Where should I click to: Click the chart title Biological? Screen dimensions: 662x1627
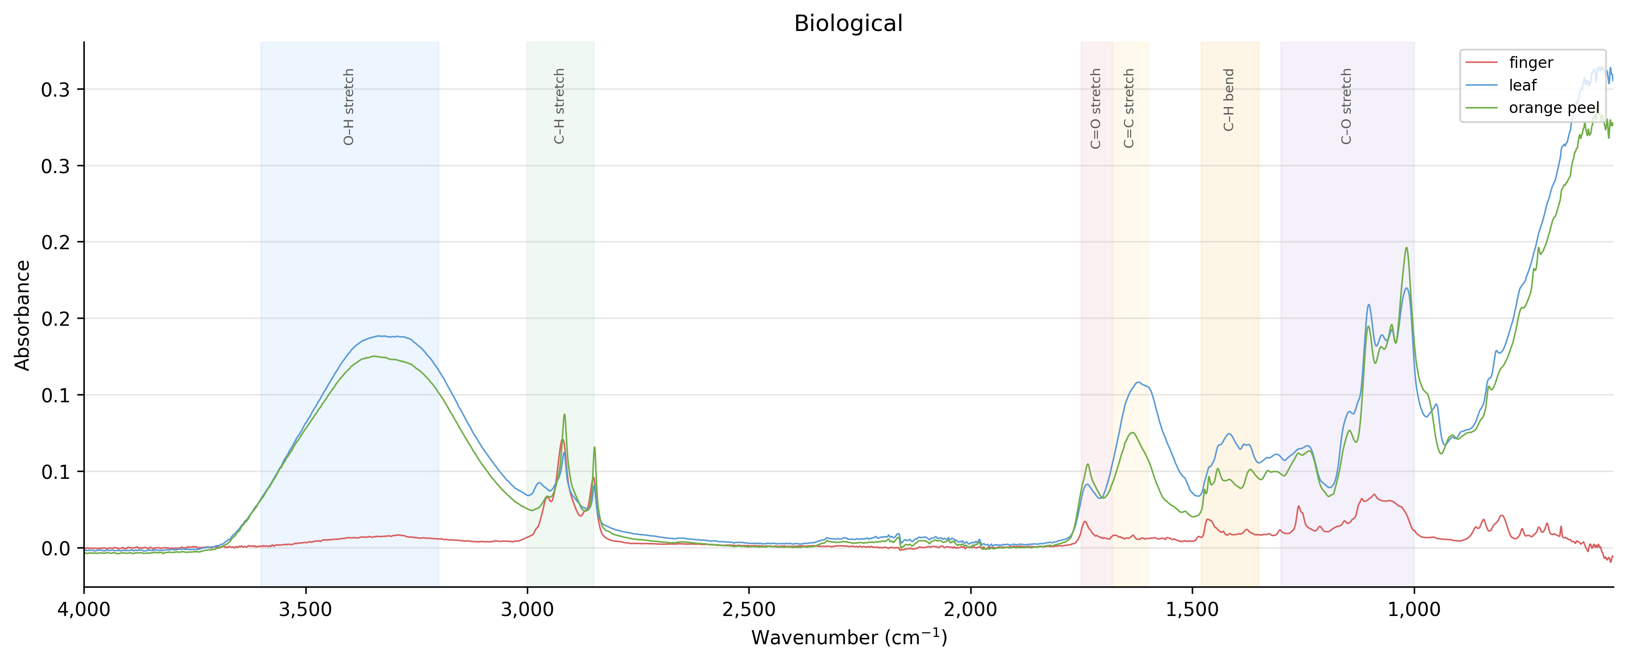(848, 23)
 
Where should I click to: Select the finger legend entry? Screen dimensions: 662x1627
(1530, 62)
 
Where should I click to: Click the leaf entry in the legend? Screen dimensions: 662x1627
(1522, 85)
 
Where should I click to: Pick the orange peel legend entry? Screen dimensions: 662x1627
(1554, 108)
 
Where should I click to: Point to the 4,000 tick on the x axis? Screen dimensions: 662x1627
(84, 610)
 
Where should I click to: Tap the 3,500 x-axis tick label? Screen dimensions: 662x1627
(306, 610)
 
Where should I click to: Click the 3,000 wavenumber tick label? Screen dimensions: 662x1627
(527, 610)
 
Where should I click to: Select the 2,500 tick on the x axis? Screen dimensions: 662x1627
(749, 610)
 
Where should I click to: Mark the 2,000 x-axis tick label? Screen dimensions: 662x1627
(971, 610)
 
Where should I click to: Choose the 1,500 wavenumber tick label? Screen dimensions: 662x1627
(1193, 610)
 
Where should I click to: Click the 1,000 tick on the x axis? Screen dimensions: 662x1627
(1414, 610)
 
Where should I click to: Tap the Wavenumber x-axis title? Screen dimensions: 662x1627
(848, 638)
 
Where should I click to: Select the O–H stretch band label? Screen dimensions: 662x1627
(349, 107)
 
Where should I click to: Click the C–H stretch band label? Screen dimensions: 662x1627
(559, 106)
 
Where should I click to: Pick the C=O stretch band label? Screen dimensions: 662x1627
(1096, 108)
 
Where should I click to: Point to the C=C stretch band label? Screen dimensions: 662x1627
(1129, 108)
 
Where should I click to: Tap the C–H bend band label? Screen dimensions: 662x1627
(1229, 100)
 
